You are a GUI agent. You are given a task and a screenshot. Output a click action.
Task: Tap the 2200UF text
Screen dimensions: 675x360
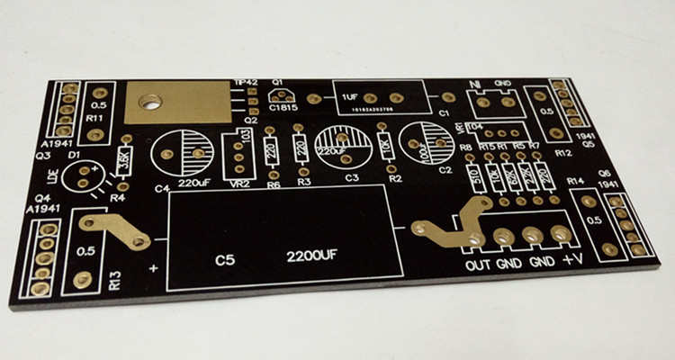311,256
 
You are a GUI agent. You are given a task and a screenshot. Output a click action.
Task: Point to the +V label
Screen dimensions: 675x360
572,264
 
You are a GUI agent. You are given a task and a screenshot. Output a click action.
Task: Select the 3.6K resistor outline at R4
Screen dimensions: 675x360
125,162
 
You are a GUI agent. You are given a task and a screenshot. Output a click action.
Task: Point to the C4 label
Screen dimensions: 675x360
162,189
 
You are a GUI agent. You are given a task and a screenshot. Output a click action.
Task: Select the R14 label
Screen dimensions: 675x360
576,183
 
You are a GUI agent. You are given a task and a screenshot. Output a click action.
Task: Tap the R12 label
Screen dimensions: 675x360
563,153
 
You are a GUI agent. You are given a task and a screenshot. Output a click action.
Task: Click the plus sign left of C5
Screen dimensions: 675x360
153,268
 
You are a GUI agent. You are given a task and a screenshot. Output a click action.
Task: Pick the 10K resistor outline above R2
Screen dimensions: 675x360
384,146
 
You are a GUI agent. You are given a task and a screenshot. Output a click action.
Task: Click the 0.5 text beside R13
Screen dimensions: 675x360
86,250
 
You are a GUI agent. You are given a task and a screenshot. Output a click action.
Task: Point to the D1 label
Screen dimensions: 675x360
75,155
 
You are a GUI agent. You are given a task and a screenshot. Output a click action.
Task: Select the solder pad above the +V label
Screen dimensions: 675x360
562,235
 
